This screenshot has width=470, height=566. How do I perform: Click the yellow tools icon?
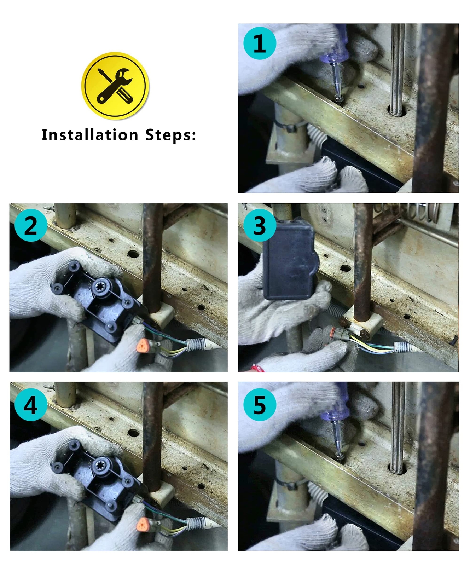pyautogui.click(x=115, y=85)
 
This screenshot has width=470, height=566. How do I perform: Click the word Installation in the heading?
pyautogui.click(x=90, y=135)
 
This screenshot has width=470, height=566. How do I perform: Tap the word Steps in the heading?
pyautogui.click(x=170, y=135)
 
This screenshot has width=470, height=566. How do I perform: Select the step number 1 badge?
pyautogui.click(x=260, y=44)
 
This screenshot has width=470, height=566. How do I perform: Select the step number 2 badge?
pyautogui.click(x=31, y=225)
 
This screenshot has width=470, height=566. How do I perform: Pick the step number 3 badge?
pyautogui.click(x=260, y=225)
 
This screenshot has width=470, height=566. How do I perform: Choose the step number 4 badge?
pyautogui.click(x=31, y=405)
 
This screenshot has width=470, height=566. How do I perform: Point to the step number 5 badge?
pyautogui.click(x=260, y=405)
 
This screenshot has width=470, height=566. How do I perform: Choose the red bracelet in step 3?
pyautogui.click(x=258, y=368)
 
